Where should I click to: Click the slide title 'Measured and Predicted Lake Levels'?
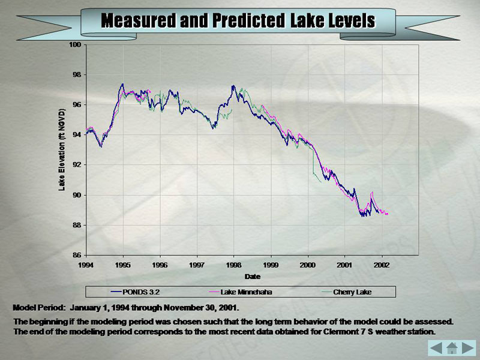pos(238,20)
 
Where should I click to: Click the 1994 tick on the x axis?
pos(86,265)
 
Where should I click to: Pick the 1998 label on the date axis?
pos(234,265)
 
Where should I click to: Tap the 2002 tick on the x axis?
pos(382,265)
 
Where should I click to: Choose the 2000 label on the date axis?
pos(308,265)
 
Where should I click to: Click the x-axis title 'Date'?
pos(252,277)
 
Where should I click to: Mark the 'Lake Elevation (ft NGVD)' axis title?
pos(62,150)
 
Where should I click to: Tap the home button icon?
pos(452,347)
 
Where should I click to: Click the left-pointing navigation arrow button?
pos(436,347)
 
